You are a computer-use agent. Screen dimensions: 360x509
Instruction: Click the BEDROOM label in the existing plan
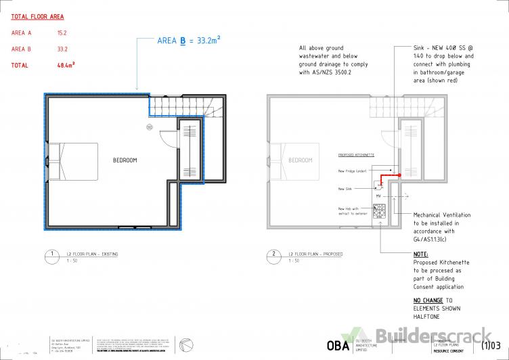(x=125, y=160)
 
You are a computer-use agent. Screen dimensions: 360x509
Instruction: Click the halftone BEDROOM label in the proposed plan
(x=301, y=160)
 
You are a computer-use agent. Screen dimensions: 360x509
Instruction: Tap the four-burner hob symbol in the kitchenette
(x=379, y=210)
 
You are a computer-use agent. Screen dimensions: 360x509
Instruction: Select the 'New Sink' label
(x=346, y=189)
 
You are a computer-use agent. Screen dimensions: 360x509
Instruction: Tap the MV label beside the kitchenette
(x=378, y=196)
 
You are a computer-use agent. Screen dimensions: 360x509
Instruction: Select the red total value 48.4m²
(x=66, y=66)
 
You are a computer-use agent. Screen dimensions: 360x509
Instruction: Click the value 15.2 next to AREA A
(x=63, y=32)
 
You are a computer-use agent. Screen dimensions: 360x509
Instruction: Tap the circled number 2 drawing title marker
(x=274, y=255)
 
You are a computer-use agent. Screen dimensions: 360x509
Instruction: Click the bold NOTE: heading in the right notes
(x=421, y=254)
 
